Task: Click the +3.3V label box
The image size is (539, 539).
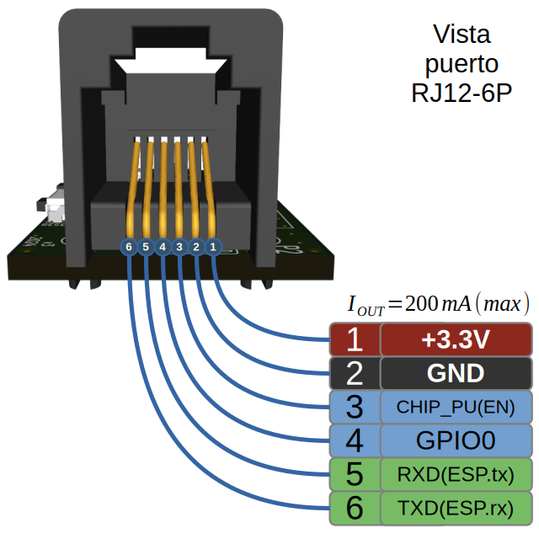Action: (456, 339)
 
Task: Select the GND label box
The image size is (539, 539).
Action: (456, 373)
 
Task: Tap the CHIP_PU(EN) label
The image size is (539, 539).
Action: (456, 407)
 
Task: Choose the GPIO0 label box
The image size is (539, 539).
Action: (456, 440)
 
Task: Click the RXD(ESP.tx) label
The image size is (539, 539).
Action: (456, 473)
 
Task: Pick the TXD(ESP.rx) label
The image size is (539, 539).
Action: (456, 507)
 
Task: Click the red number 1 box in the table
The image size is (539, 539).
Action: (354, 339)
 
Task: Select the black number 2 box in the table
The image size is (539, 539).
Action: (354, 373)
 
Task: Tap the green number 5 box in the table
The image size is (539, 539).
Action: (354, 473)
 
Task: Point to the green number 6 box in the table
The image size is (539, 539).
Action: (354, 507)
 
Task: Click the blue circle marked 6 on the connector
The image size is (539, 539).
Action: (128, 247)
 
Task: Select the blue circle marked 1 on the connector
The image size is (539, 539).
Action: (213, 247)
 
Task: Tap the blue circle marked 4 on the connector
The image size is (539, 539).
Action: (163, 247)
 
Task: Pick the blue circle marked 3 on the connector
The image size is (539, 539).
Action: (179, 247)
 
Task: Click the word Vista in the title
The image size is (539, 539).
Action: (461, 35)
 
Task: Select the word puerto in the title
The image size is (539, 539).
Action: (461, 64)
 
